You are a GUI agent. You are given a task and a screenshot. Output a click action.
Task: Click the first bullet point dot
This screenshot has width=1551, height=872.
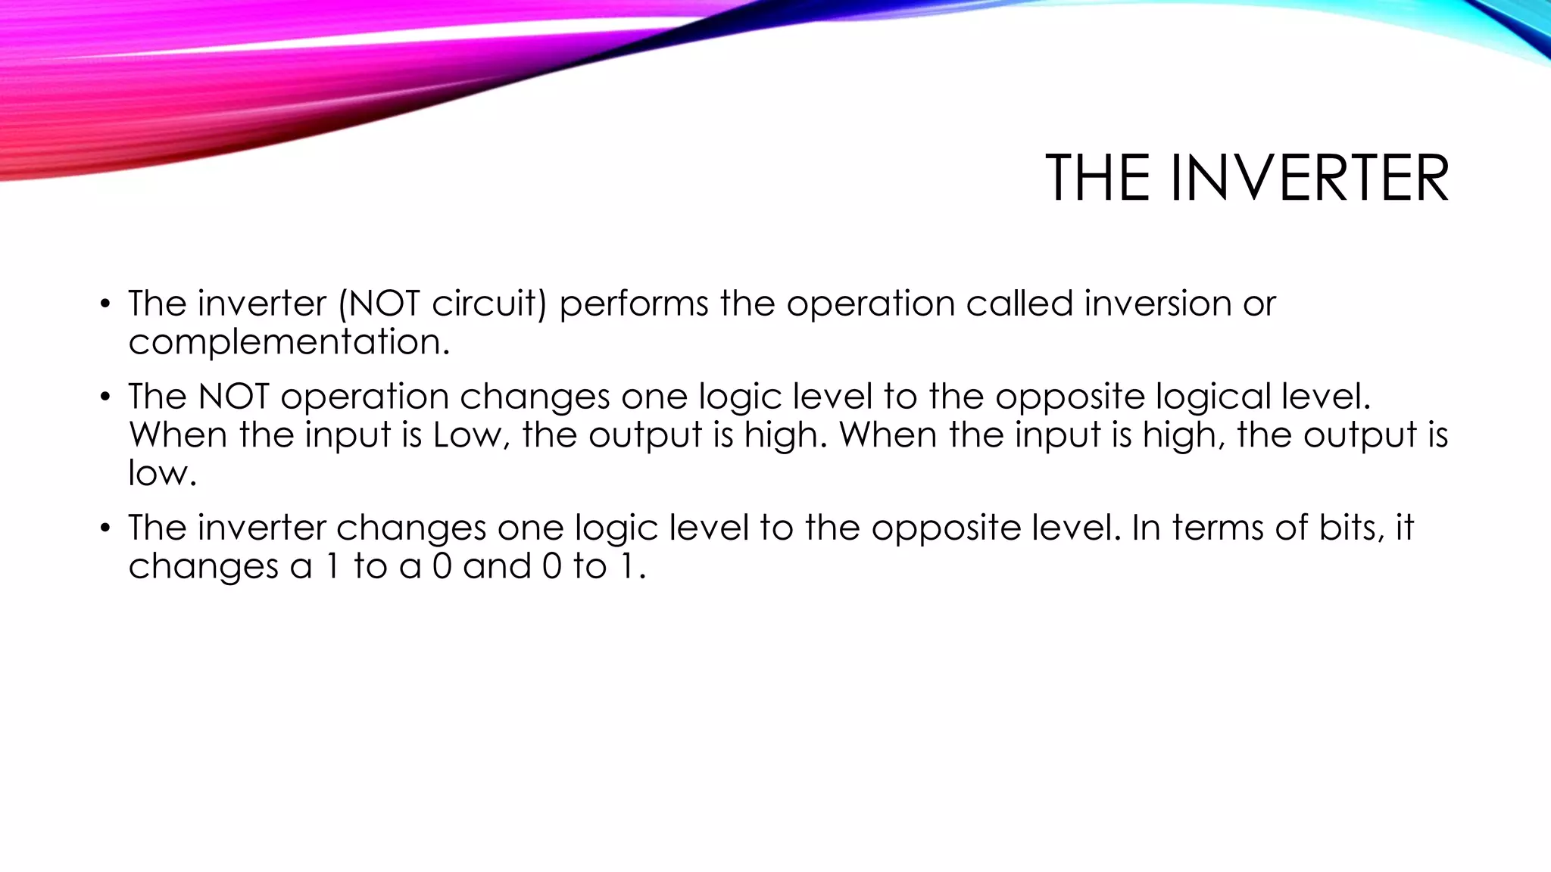click(105, 305)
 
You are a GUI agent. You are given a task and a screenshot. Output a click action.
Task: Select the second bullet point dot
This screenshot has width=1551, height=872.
click(105, 397)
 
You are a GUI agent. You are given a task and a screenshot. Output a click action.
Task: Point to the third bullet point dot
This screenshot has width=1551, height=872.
click(105, 528)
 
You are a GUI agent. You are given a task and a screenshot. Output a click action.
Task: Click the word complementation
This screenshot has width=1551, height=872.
click(289, 342)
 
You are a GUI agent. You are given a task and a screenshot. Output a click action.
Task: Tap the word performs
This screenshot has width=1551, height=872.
click(634, 304)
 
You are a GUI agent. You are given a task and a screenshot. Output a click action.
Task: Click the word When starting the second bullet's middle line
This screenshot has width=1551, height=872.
click(178, 435)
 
